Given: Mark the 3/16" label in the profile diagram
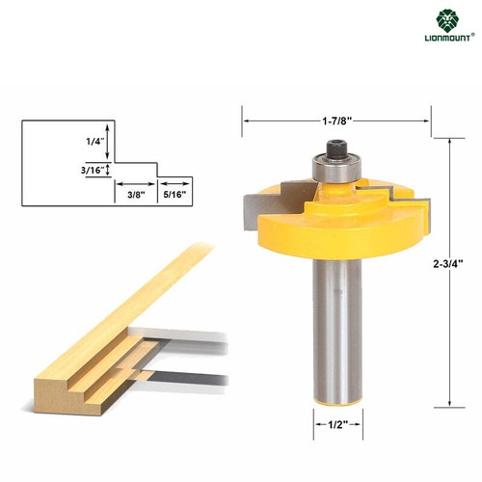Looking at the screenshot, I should [x=93, y=170].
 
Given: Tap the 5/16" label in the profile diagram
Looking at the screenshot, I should [x=174, y=194].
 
